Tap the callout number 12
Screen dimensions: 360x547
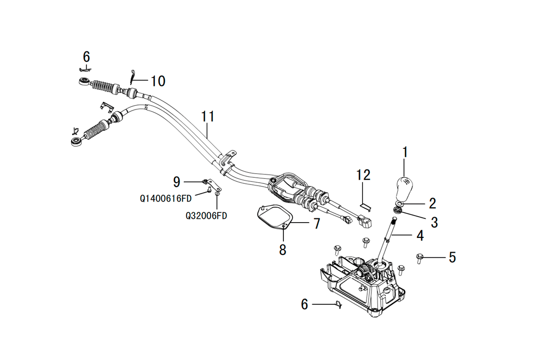pyautogui.click(x=363, y=175)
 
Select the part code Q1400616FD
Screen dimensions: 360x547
pyautogui.click(x=166, y=198)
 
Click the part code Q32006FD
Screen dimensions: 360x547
pyautogui.click(x=206, y=216)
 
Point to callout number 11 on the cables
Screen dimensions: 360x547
pyautogui.click(x=208, y=117)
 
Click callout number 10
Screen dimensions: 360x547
pyautogui.click(x=158, y=82)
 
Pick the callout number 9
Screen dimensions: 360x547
pyautogui.click(x=176, y=181)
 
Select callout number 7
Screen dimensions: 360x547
pyautogui.click(x=316, y=223)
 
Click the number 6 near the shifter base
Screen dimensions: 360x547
pyautogui.click(x=305, y=304)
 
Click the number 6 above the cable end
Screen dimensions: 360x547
pyautogui.click(x=86, y=57)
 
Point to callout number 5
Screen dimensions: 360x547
pyautogui.click(x=452, y=257)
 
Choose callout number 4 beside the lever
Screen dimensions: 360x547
pyautogui.click(x=420, y=236)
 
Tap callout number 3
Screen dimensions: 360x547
pyautogui.click(x=434, y=222)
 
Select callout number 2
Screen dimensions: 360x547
pyautogui.click(x=432, y=204)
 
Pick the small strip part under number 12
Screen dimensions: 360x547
pyautogui.click(x=365, y=206)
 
